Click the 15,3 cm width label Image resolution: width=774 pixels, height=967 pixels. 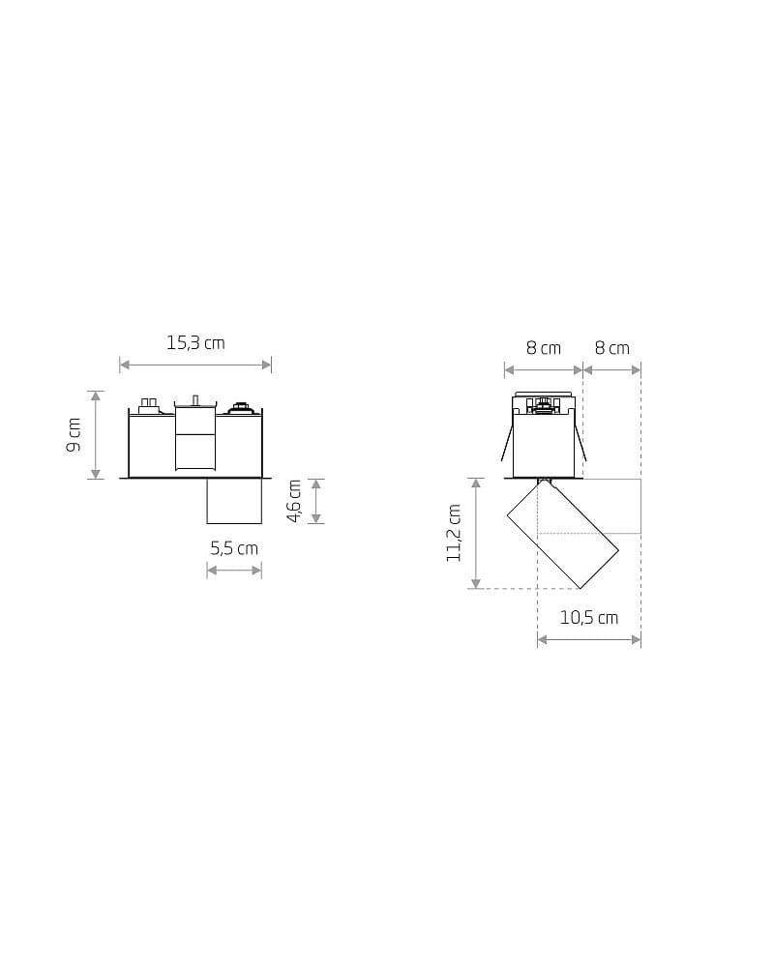[195, 343]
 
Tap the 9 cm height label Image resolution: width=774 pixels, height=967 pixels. [74, 434]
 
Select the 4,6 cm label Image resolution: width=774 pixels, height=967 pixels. [294, 501]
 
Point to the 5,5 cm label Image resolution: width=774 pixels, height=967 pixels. [234, 548]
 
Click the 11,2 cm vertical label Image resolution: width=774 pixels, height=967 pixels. [454, 533]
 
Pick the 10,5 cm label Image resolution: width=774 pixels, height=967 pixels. [589, 617]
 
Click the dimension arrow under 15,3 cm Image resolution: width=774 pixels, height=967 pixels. [195, 365]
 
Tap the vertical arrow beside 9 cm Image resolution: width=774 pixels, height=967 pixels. [95, 435]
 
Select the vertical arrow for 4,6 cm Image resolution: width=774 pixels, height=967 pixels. [316, 501]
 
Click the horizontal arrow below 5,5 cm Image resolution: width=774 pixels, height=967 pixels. [234, 571]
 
